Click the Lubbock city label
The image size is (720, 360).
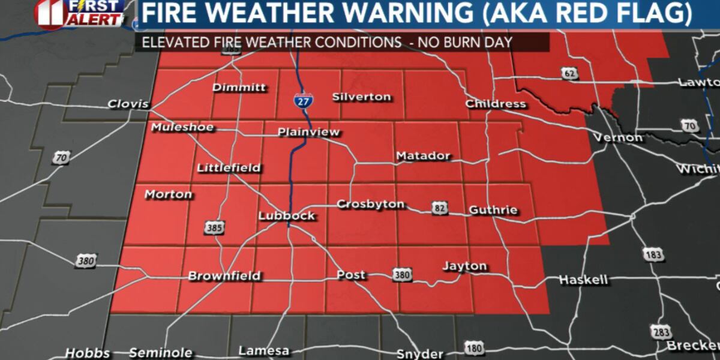click(286, 215)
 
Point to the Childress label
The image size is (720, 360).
click(496, 104)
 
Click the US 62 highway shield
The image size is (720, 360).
click(570, 73)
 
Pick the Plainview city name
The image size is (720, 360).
click(308, 132)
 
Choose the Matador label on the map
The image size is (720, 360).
click(423, 156)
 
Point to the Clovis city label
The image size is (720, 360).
click(128, 104)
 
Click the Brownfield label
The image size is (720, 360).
click(224, 276)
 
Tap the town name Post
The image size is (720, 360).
click(351, 275)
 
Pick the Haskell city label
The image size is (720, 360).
click(583, 279)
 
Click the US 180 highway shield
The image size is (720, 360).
click(473, 347)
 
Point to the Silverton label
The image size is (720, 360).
click(361, 97)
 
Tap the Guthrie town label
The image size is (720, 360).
click(493, 211)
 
